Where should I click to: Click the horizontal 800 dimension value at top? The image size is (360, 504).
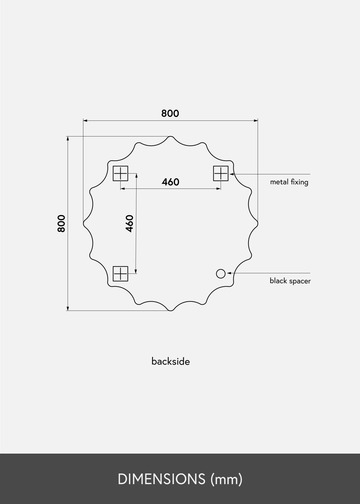coord(170,113)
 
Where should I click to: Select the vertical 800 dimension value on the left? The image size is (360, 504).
coord(62,223)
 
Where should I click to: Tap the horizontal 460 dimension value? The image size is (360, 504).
coord(170,182)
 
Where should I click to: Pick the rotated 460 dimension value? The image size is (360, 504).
coord(129,223)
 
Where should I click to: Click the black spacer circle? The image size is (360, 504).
coord(221,274)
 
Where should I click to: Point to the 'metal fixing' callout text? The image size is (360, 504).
coord(289,182)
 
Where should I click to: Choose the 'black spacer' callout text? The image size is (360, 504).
coord(290,281)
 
